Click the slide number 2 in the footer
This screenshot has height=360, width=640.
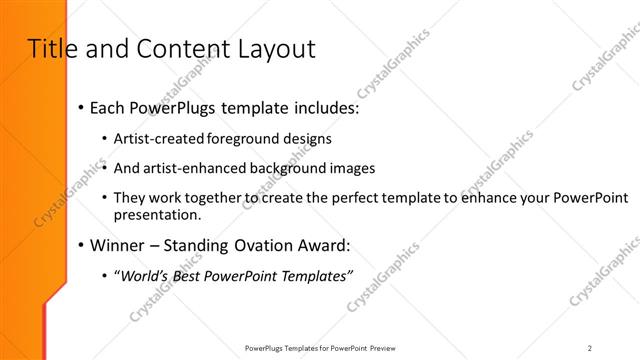[x=590, y=348]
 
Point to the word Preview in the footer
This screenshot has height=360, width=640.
[x=381, y=348]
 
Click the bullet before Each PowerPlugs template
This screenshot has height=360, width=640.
[x=79, y=107]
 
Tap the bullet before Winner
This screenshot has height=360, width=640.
[x=79, y=244]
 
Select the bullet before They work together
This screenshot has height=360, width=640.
[x=106, y=198]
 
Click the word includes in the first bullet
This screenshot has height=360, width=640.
[x=324, y=107]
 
